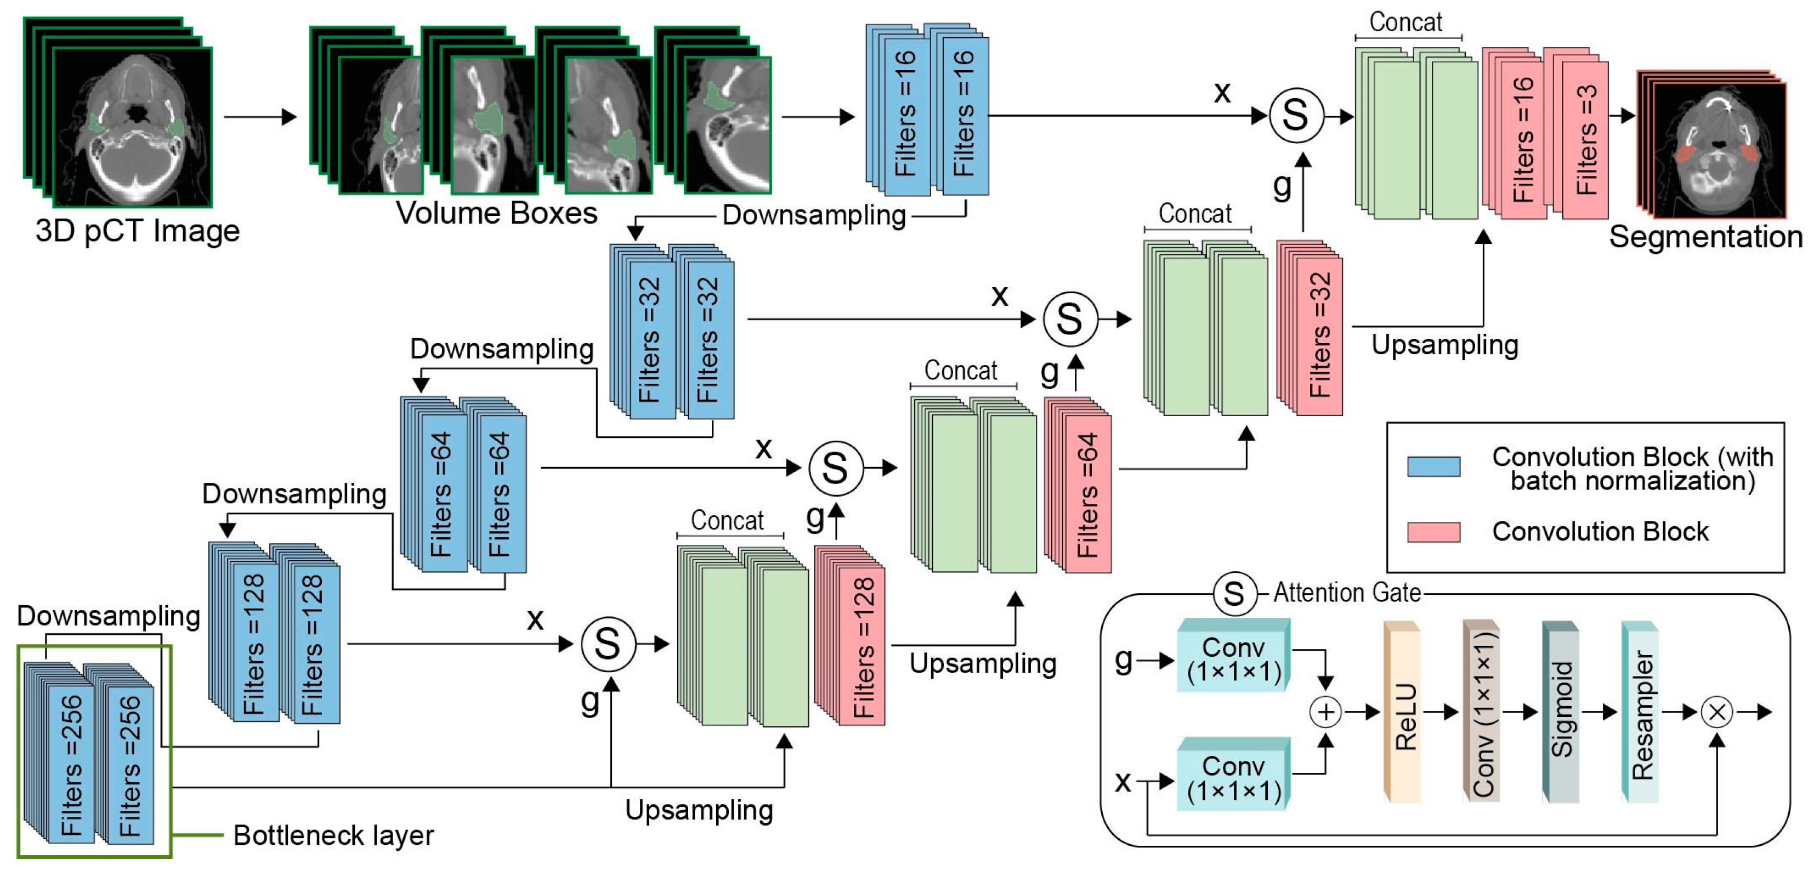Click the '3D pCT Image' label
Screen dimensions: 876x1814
[137, 231]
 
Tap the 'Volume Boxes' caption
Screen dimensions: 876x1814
[496, 213]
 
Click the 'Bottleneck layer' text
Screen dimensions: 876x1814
[333, 835]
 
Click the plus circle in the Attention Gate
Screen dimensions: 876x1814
[1325, 712]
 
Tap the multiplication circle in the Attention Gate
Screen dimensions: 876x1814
[1717, 712]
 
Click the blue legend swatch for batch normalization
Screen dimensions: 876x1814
[1434, 466]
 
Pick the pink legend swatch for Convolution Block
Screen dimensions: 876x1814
[1434, 532]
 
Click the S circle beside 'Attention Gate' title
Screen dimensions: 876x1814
[1234, 594]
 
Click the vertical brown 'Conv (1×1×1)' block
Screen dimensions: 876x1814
[1483, 713]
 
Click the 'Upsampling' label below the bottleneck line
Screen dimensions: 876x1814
[699, 810]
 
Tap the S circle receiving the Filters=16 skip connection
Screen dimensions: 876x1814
[1296, 116]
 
